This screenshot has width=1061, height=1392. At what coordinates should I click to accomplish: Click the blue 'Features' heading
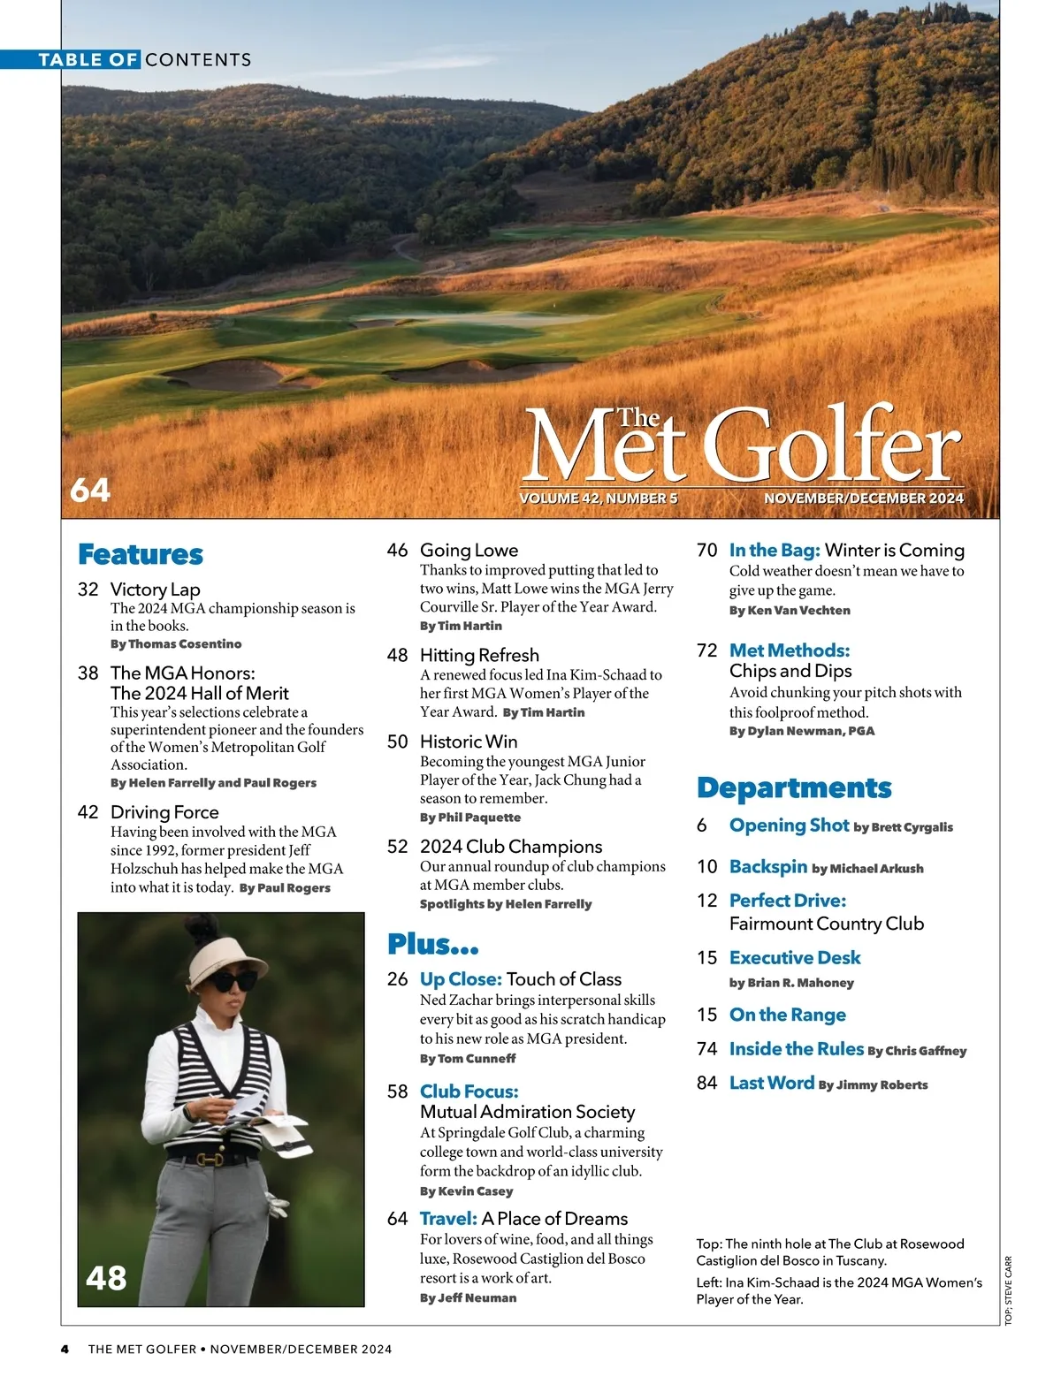[x=141, y=554]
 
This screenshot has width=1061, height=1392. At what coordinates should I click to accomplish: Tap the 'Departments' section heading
[x=794, y=787]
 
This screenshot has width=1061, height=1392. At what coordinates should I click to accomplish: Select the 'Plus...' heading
[x=433, y=944]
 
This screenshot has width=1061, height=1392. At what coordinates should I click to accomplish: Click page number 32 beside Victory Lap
[x=88, y=590]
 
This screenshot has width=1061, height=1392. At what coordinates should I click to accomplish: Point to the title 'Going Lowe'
[x=469, y=550]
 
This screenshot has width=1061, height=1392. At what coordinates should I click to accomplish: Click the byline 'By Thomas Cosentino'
[x=176, y=644]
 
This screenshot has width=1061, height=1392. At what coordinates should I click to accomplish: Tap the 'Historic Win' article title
[x=469, y=742]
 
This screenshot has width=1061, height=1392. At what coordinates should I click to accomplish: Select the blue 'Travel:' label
[x=448, y=1219]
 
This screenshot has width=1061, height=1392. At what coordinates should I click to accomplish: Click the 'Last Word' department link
[x=771, y=1083]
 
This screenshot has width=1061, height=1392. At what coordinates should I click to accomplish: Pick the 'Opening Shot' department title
[x=789, y=825]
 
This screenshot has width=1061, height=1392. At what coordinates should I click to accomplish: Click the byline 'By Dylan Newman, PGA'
[x=802, y=731]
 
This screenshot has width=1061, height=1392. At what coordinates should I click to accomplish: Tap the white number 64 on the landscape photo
[x=90, y=490]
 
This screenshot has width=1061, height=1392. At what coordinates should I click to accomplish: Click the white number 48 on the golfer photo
[x=106, y=1277]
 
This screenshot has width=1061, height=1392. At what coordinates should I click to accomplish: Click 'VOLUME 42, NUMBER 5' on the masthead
[x=599, y=498]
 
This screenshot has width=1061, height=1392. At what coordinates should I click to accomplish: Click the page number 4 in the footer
[x=65, y=1350]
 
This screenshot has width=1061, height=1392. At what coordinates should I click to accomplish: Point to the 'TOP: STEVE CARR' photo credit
[x=1009, y=1290]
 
